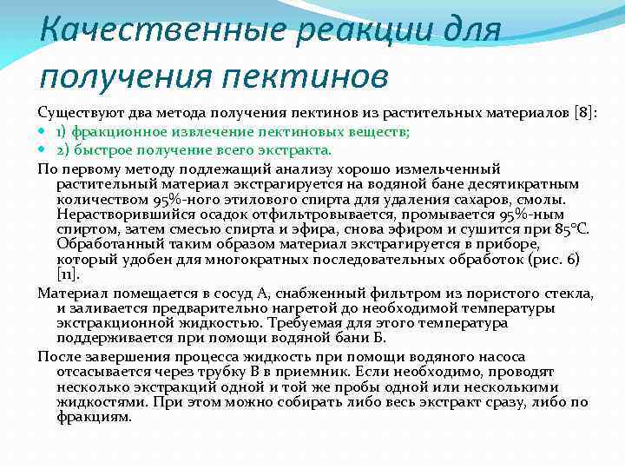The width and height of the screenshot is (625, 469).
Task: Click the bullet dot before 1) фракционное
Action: click(x=44, y=132)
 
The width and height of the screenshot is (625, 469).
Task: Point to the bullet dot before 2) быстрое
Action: click(x=44, y=149)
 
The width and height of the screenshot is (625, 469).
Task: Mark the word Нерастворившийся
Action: click(x=129, y=215)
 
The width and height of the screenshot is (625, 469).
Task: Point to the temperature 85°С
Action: click(x=569, y=230)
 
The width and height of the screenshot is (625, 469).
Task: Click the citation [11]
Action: click(x=68, y=276)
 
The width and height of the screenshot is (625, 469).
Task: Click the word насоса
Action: click(x=534, y=356)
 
